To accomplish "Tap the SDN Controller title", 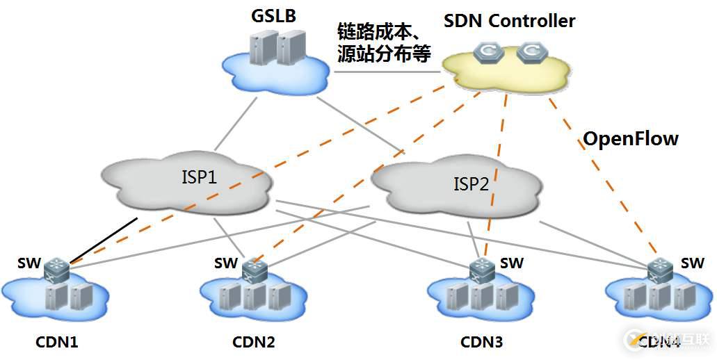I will [x=509, y=21].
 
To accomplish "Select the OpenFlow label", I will [x=630, y=138].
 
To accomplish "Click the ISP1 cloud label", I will [x=200, y=177].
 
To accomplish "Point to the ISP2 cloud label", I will [x=472, y=184].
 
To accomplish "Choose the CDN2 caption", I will [x=253, y=342].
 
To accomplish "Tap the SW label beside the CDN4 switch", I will [x=693, y=263].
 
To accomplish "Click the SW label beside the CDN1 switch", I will [x=31, y=263].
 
